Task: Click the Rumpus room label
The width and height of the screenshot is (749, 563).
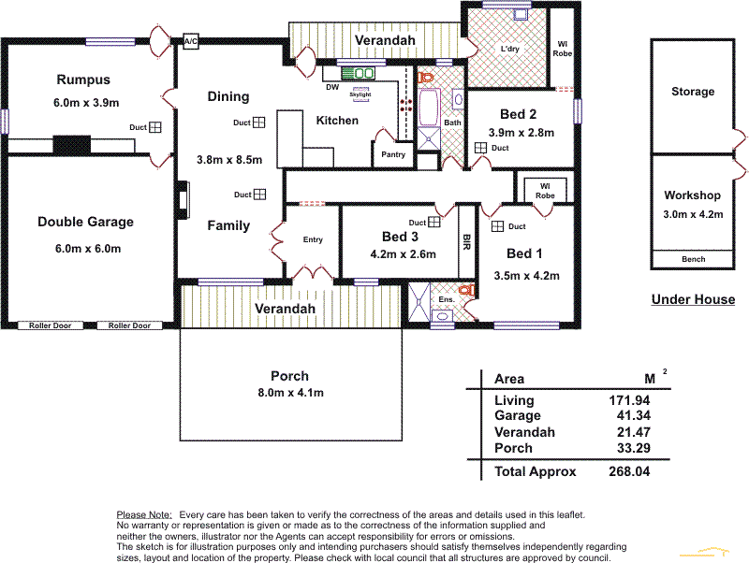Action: [x=82, y=80]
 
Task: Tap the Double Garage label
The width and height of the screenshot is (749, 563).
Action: [x=85, y=222]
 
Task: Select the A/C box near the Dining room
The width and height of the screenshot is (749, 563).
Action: [x=190, y=42]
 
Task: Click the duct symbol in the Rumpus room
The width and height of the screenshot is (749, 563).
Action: [x=157, y=128]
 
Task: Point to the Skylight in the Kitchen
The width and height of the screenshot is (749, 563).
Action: [x=360, y=94]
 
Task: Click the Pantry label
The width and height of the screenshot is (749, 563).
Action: [x=393, y=155]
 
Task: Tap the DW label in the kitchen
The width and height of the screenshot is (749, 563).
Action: [x=332, y=88]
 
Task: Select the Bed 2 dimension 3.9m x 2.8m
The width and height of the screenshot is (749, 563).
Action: [x=521, y=133]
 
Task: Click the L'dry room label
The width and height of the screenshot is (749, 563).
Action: [x=509, y=50]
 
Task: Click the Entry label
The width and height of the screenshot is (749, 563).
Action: [x=313, y=240]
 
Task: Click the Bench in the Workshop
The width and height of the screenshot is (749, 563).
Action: [x=693, y=259]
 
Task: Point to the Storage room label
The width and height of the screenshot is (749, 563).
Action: [x=693, y=92]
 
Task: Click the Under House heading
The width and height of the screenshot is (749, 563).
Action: [x=693, y=299]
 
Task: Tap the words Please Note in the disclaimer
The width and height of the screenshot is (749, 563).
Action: [x=143, y=515]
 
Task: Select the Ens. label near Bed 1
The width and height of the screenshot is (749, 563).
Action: [x=447, y=300]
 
